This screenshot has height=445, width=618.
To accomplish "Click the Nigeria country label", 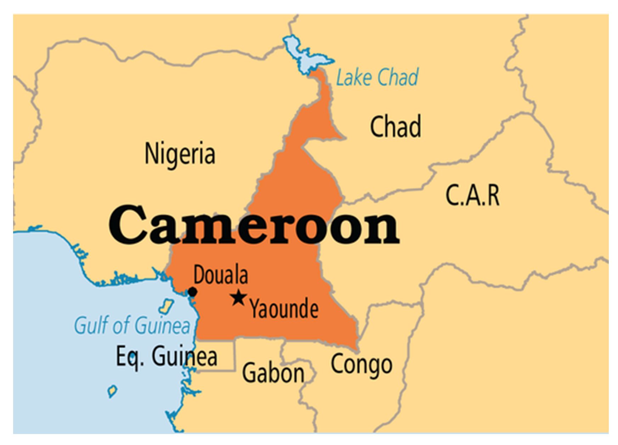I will click(x=180, y=154).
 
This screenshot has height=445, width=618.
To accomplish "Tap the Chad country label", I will click(x=395, y=126).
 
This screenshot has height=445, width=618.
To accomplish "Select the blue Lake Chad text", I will click(x=377, y=77).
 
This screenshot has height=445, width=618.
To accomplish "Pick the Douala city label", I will click(x=220, y=275).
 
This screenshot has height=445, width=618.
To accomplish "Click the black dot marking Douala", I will click(x=192, y=292).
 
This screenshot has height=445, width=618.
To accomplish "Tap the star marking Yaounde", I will click(x=239, y=298).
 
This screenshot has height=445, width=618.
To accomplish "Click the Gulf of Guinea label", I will click(x=132, y=325).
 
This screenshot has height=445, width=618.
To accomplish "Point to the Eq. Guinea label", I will click(x=167, y=356).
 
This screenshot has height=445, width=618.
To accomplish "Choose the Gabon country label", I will click(x=273, y=373).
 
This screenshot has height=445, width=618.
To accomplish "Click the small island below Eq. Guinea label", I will click(x=112, y=391).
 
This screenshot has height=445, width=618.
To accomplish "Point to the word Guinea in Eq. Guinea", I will click(x=184, y=356).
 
